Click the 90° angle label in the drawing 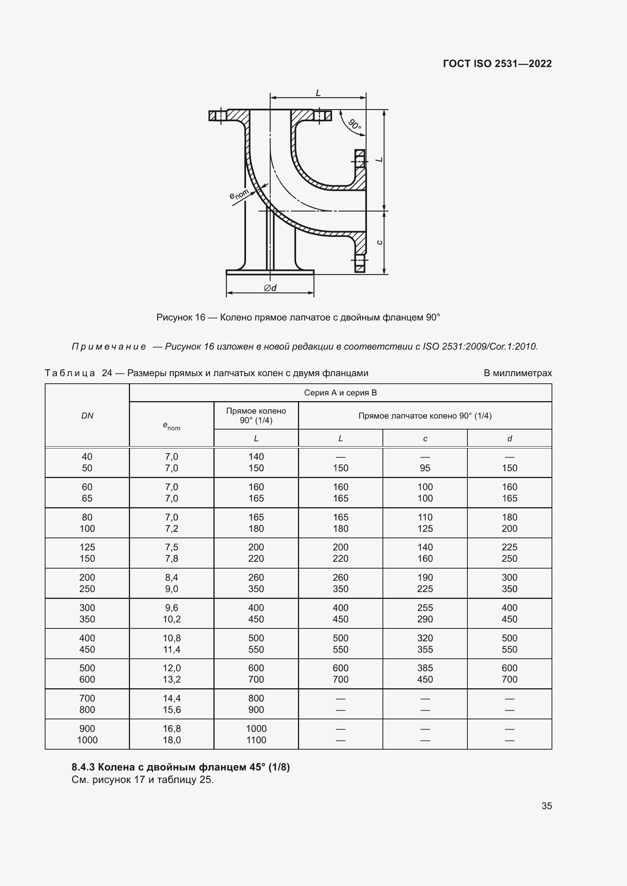354,125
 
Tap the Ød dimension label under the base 270,288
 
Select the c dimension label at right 379,242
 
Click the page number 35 546,806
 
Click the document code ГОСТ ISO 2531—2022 497,64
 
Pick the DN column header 87,416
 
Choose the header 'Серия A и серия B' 340,393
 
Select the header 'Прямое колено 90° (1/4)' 256,416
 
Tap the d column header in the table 509,438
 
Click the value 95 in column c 425,468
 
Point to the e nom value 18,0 171,740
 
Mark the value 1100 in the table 256,740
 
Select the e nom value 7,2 171,528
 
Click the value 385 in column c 425,668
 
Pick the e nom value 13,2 171,679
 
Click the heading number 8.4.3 83,767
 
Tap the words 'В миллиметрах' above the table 517,373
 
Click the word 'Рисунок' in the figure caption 174,317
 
